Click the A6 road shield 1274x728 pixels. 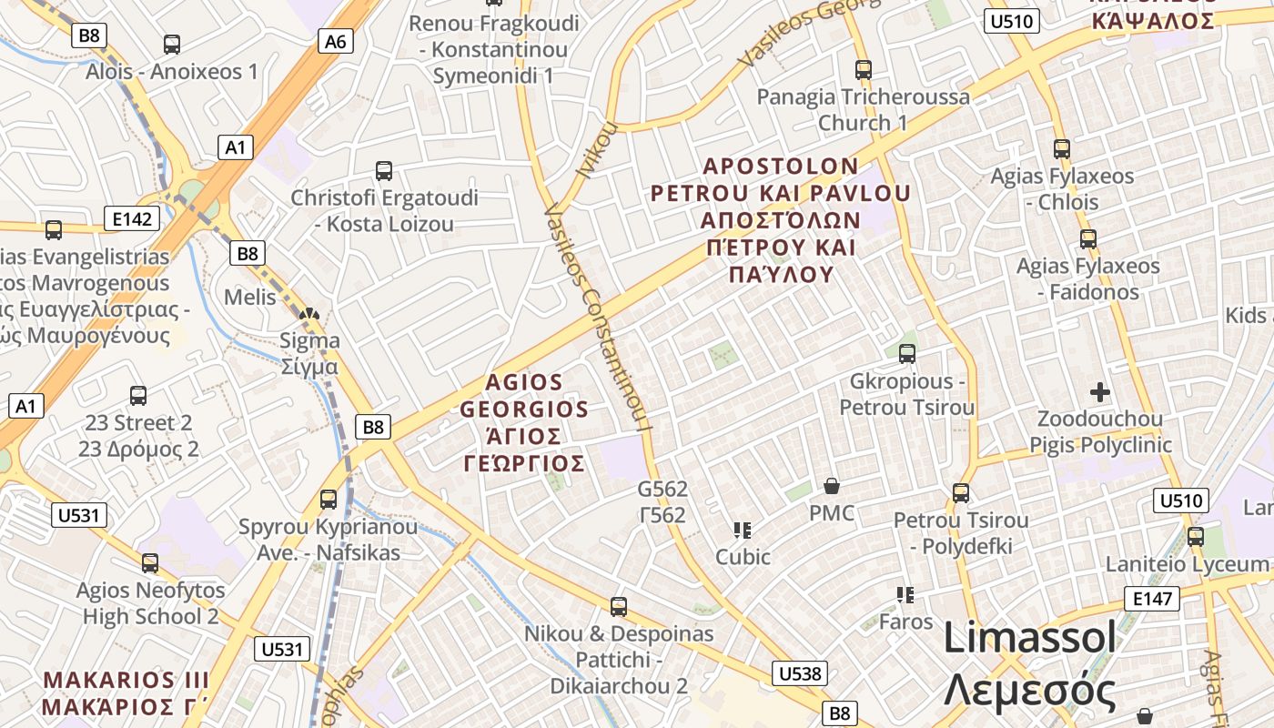pos(336,41)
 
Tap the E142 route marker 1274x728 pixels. pos(131,218)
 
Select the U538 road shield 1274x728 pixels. pos(800,673)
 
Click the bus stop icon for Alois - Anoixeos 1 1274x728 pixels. pos(171,44)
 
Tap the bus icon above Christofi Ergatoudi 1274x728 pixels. pos(384,170)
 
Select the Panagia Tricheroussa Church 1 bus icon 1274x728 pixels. pos(863,69)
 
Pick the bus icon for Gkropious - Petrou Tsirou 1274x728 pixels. pos(906,353)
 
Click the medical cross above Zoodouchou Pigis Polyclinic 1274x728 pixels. pos(1100,392)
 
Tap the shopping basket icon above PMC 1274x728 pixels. pos(831,486)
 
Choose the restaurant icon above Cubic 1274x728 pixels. pos(742,530)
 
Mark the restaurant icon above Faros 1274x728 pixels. pos(905,595)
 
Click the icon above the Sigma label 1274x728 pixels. pos(309,315)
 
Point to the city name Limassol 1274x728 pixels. pos(1029,637)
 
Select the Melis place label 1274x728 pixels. pos(249,297)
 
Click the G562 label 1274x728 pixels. pos(662,490)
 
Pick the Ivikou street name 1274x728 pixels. pos(597,150)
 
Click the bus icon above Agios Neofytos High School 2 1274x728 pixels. pos(150,563)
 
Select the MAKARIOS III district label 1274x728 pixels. pos(126,681)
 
